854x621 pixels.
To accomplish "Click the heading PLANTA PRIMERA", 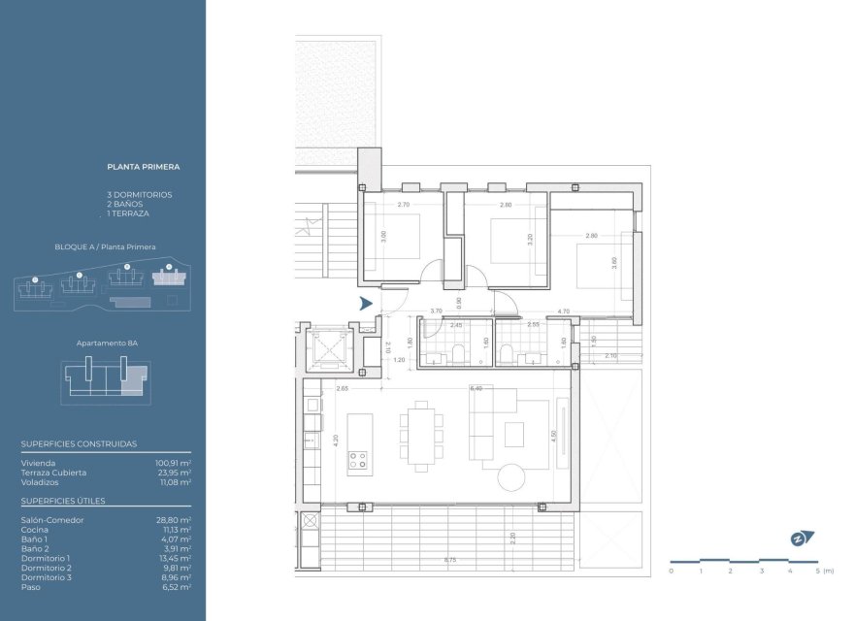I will pyautogui.click(x=143, y=167).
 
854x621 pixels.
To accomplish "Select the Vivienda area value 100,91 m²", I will pyautogui.click(x=173, y=464).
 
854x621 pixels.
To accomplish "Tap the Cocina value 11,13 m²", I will pyautogui.click(x=176, y=530).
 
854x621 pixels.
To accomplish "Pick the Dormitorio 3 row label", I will pyautogui.click(x=46, y=577).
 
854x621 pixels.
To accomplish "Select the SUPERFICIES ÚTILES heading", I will pyautogui.click(x=63, y=501).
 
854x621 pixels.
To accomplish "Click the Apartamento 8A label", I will pyautogui.click(x=107, y=343).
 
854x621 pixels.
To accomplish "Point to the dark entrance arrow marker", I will pyautogui.click(x=365, y=304).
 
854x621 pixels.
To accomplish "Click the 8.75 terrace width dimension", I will pyautogui.click(x=450, y=560).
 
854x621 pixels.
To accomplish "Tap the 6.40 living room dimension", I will pyautogui.click(x=476, y=388).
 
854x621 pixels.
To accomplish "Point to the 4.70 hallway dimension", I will pyautogui.click(x=562, y=311).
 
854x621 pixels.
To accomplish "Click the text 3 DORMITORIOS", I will pyautogui.click(x=139, y=194).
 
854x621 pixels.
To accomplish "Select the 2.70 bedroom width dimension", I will pyautogui.click(x=404, y=206).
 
